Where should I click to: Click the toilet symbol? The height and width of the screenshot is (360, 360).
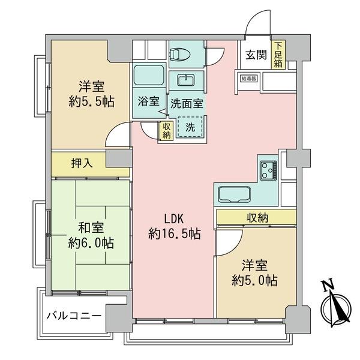coord(180,54)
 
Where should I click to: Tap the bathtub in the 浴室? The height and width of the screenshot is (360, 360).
coord(149,75)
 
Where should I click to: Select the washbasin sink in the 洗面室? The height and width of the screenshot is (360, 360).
coord(186,80)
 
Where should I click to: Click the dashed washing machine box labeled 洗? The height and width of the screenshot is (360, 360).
coord(190,127)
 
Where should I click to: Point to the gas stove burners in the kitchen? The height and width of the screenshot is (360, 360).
coord(268,170)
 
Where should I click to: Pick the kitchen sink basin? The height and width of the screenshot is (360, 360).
coord(234,194)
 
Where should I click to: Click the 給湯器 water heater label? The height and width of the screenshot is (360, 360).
coord(248,79)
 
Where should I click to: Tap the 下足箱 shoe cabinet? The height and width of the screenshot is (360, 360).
coord(278,55)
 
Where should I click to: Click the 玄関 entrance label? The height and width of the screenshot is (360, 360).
coord(256,55)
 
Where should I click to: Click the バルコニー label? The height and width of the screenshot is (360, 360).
coord(74,316)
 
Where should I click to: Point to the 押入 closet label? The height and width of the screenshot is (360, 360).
coord(82,163)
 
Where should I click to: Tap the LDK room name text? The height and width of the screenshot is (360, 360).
coord(174,219)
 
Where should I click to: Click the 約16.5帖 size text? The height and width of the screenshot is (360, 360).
coord(175,234)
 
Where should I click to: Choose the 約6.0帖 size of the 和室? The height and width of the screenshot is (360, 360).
coord(91,243)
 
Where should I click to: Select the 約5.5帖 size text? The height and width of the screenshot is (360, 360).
coord(91,101)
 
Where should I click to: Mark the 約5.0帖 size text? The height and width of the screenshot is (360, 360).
coord(254,281)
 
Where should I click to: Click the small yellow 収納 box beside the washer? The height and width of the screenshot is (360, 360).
coord(166,131)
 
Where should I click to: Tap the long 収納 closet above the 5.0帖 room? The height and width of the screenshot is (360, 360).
coord(256,217)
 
